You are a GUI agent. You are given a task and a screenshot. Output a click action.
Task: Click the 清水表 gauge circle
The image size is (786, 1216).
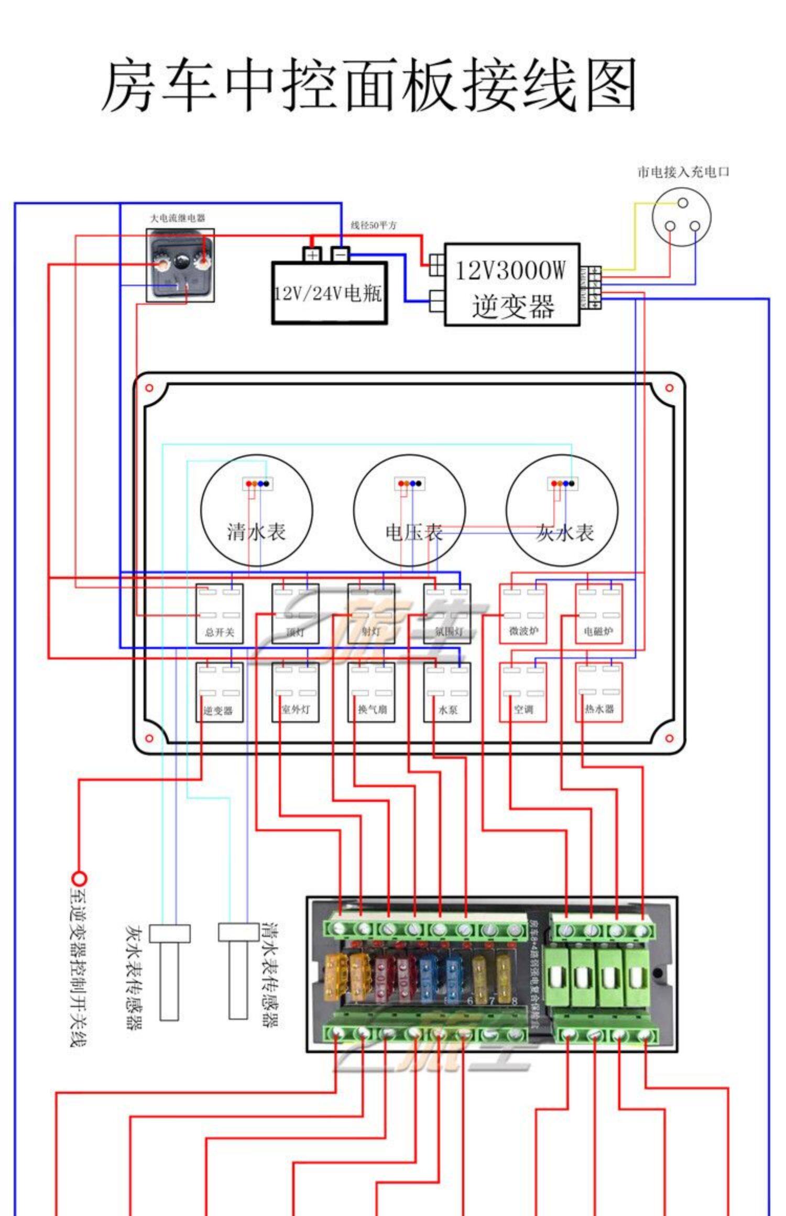pos(256,510)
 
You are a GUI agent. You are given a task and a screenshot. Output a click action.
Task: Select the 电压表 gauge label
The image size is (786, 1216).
pos(414,532)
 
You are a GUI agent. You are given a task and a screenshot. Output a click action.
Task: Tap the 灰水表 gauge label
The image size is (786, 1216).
pos(565,532)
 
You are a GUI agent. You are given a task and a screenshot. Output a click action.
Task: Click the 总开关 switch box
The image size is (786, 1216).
pos(220,613)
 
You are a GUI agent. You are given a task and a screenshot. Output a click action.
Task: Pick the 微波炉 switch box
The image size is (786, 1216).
pos(523,613)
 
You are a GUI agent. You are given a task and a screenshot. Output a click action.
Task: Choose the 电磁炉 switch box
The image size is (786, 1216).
pos(599,613)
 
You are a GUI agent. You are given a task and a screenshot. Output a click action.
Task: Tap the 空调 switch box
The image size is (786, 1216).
pos(523,692)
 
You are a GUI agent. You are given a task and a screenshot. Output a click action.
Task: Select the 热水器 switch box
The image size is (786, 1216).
pos(599,692)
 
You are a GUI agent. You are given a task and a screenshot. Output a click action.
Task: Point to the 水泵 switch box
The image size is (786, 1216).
pos(447,692)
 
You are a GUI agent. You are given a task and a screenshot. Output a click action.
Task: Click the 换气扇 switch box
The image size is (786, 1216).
pos(371,692)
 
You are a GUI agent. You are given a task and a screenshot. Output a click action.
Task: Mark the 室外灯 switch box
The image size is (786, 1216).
pos(295,692)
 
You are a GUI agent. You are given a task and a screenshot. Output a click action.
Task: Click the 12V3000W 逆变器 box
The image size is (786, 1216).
pos(512,284)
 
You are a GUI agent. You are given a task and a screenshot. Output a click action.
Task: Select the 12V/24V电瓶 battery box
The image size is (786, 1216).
pos(329,293)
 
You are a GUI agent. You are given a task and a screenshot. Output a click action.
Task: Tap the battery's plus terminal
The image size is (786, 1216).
pos(312,255)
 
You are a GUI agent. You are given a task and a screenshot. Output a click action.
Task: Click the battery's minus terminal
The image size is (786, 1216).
pos(340,255)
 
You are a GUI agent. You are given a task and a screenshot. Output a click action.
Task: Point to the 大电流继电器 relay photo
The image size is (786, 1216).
pos(180,266)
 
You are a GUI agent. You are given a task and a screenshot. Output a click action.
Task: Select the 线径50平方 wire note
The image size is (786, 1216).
pos(374,225)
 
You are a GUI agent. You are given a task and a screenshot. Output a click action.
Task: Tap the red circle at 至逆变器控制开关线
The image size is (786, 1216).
pos(79,878)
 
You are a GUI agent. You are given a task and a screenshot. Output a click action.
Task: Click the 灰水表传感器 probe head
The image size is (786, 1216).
pos(169,933)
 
